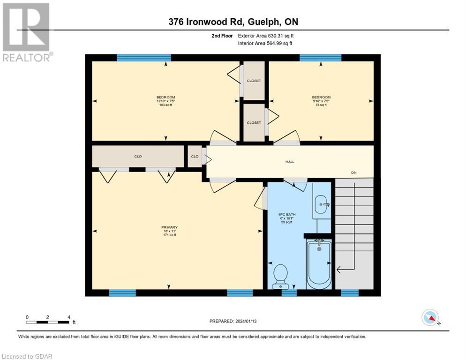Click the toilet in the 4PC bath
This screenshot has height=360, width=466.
[280, 276]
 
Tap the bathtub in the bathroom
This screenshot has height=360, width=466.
[319, 264]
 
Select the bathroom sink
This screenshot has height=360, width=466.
[321, 204]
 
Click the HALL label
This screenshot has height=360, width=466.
[290, 162]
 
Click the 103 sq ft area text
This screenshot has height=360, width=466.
[165, 105]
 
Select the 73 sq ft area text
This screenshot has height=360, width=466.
[321, 105]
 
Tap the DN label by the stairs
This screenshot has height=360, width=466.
[354, 172]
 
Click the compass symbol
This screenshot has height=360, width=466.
[430, 318]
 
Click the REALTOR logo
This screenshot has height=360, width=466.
[26, 32]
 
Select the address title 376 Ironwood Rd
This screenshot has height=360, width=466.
[233, 22]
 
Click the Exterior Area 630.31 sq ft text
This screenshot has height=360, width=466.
[266, 36]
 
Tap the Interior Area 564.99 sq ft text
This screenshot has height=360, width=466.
[265, 43]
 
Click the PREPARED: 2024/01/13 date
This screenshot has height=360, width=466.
[233, 321]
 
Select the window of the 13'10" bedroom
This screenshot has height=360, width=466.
[144, 58]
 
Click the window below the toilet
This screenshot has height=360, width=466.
[289, 293]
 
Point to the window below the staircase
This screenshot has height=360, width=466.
[349, 293]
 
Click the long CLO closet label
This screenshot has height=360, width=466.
[138, 157]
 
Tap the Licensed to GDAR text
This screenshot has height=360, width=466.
[27, 356]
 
